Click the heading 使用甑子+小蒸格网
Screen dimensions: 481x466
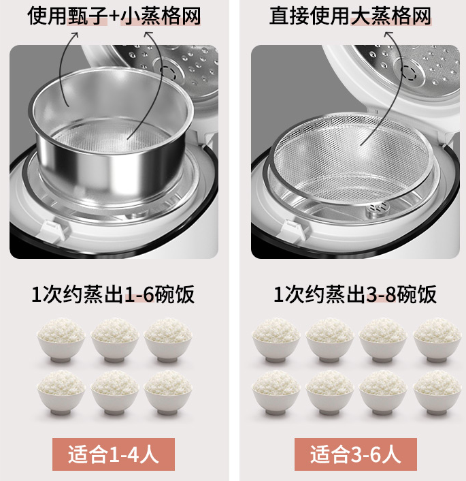click(114, 16)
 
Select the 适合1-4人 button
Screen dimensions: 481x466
click(114, 454)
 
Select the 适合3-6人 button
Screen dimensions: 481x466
click(355, 454)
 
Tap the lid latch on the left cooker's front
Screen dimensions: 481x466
click(52, 230)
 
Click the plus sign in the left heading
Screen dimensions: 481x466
click(114, 16)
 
